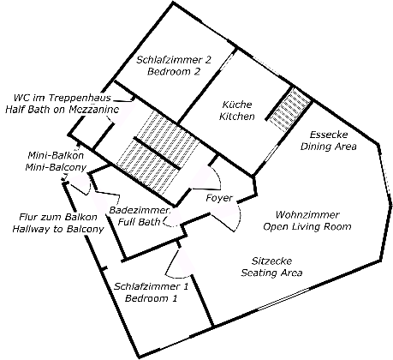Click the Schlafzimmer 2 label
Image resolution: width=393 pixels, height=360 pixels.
coord(174,60)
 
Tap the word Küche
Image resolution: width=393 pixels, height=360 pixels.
coord(237,105)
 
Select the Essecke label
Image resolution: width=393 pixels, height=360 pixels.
coord(329,135)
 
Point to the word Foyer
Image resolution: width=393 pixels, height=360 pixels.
coord(219,198)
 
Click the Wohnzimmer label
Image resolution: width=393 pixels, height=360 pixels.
coord(307,214)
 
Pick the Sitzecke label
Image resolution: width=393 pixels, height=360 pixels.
coord(271,261)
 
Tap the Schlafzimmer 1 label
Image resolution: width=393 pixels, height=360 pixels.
coord(151,286)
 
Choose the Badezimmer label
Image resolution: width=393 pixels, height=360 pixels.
coord(140,211)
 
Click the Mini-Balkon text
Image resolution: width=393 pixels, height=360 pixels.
coord(56,155)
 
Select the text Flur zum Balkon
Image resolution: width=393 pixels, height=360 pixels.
coord(58,217)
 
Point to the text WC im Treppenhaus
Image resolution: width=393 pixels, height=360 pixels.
coord(63,98)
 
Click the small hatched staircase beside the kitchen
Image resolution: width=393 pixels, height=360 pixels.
coord(289,110)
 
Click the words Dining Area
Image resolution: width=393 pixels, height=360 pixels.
coord(329,147)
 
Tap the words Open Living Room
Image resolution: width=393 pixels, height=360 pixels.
coord(307,226)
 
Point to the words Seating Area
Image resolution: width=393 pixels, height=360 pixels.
coord(271,273)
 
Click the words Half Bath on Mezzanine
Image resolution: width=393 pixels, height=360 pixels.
coord(63,110)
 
